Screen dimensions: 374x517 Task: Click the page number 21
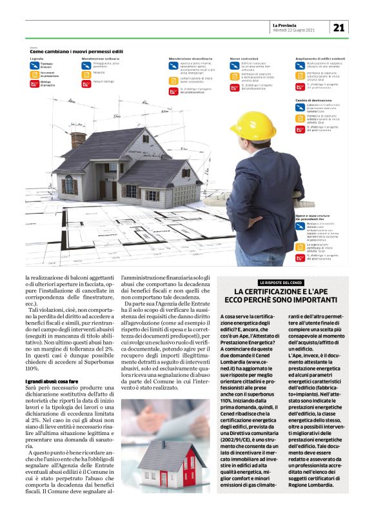click(x=339, y=27)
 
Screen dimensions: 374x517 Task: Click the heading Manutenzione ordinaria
click(x=102, y=58)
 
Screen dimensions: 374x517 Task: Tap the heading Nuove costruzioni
click(x=244, y=58)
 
